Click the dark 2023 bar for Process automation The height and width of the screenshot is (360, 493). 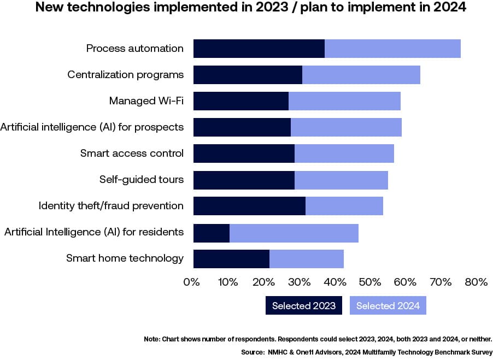259,49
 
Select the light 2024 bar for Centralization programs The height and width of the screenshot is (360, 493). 361,75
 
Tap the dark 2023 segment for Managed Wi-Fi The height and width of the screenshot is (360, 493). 241,101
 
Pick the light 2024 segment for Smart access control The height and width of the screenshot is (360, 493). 344,154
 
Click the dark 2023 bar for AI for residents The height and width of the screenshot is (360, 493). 212,232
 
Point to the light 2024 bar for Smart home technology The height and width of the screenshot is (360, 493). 306,258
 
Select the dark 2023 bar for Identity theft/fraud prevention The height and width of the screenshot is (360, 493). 249,206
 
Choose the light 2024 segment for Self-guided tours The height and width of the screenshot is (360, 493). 341,180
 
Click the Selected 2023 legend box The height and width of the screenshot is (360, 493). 304,306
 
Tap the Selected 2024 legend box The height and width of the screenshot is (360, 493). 388,306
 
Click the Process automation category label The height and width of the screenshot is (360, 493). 135,49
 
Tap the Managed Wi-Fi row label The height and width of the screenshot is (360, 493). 146,101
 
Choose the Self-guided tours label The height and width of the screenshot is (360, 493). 142,180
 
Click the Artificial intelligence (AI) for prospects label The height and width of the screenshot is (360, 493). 92,127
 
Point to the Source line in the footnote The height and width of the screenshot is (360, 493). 367,352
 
